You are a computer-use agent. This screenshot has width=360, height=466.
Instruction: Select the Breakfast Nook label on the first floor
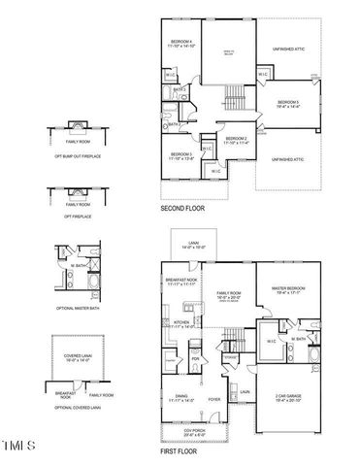[x=181, y=281]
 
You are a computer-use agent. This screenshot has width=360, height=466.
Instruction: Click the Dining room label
[x=181, y=398]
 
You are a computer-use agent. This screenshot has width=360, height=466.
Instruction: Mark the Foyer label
[x=214, y=398]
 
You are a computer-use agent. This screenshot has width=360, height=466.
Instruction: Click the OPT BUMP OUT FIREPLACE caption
[x=72, y=156]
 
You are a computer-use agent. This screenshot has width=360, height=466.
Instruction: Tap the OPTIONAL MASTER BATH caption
[x=72, y=308]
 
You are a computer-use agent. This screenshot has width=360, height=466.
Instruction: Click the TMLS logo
[x=20, y=445]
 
